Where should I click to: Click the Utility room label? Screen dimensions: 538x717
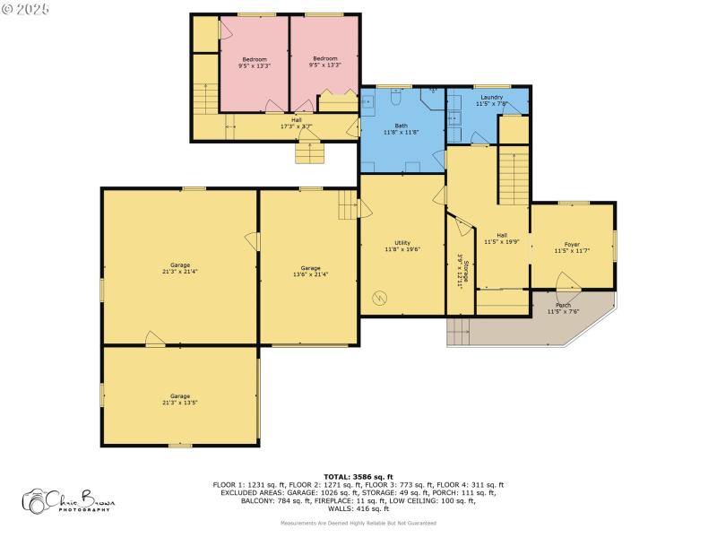click(x=402, y=243)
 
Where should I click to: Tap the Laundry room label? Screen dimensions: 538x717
click(x=491, y=97)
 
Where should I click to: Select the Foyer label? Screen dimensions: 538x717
click(x=572, y=244)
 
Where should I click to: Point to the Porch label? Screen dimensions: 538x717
click(x=563, y=305)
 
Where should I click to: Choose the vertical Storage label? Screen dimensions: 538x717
click(x=466, y=270)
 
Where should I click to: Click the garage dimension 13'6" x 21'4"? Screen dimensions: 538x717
click(x=310, y=274)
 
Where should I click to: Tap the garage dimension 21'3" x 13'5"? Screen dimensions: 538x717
click(x=180, y=403)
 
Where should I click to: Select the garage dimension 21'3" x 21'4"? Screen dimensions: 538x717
click(x=180, y=272)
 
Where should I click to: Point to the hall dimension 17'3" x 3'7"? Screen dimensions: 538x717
click(x=296, y=126)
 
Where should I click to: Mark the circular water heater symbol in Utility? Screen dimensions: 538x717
click(x=379, y=297)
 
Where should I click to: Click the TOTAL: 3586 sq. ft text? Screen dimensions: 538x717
click(x=358, y=476)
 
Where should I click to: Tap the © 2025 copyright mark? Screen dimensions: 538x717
click(x=26, y=8)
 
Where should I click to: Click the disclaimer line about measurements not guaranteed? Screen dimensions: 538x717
click(x=358, y=522)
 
